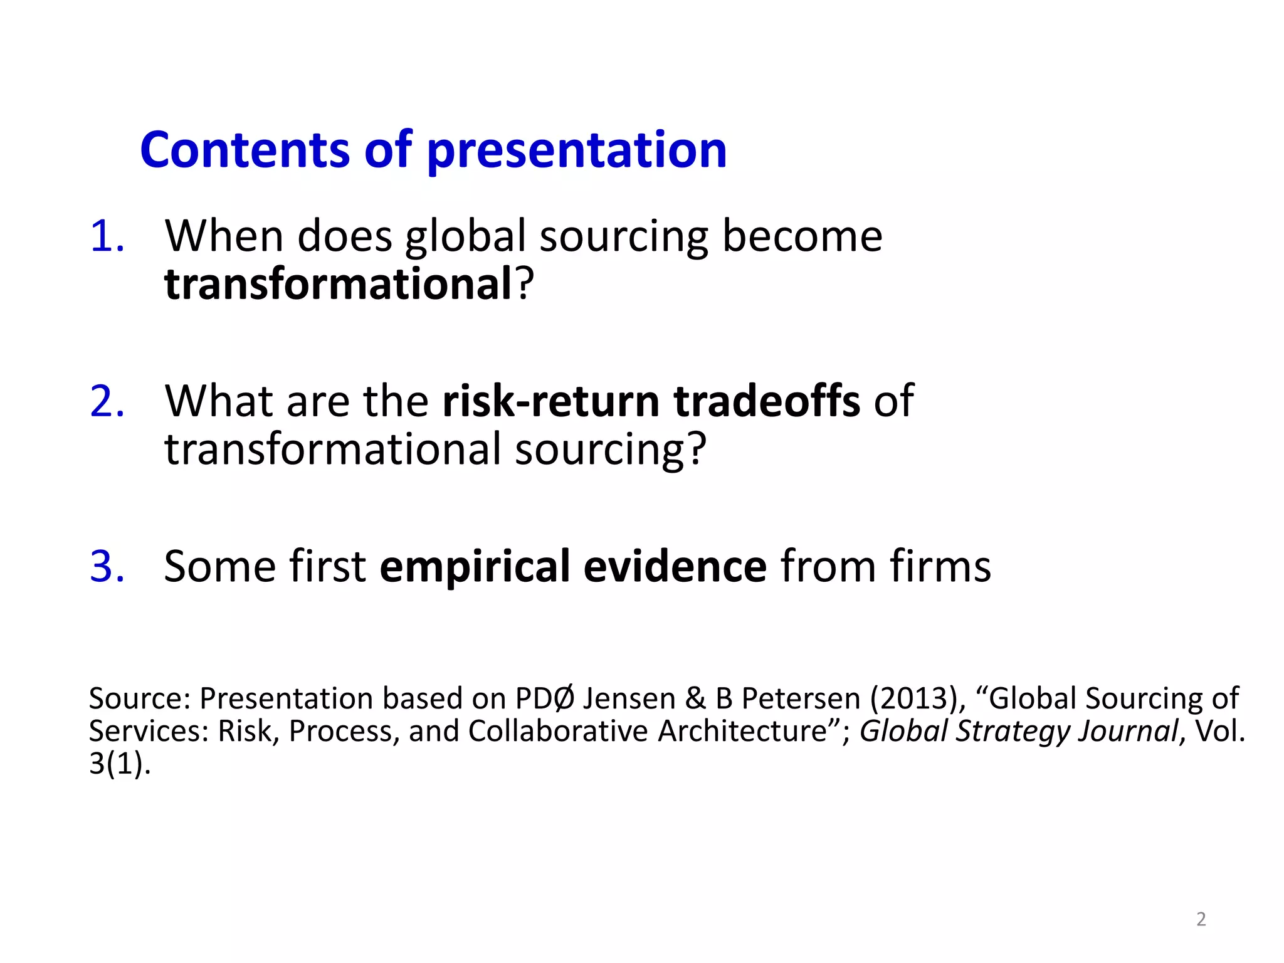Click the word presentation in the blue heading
tap(577, 150)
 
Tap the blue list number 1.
tap(107, 237)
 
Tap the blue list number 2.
tap(107, 401)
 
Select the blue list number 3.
tap(107, 566)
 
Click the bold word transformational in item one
tap(339, 284)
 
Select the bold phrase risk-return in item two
tap(550, 401)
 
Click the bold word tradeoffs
tap(767, 401)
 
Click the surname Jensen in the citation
tap(629, 698)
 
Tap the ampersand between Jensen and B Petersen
tap(695, 698)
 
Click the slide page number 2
tap(1201, 919)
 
